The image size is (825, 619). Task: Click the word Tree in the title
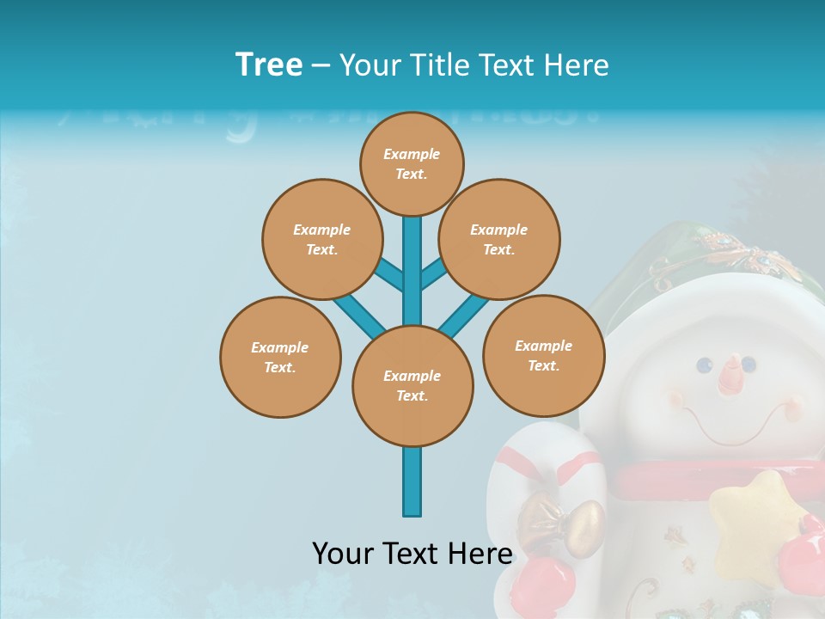[269, 64]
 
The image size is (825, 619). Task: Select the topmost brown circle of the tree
[412, 163]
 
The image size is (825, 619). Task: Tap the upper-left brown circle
[322, 239]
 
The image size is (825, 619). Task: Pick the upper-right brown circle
[499, 239]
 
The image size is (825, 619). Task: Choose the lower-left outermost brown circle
[280, 357]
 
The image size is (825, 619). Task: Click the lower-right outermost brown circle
[543, 355]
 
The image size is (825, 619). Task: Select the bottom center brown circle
[412, 385]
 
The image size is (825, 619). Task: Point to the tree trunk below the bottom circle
[412, 481]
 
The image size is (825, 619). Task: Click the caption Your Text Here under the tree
[412, 554]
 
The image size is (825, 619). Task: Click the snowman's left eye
[705, 365]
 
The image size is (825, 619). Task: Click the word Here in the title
[577, 65]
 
